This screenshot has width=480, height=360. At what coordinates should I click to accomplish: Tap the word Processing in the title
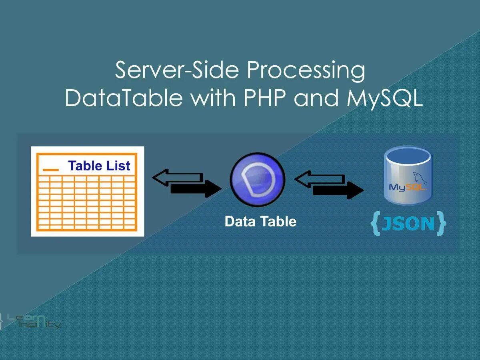pos(306,70)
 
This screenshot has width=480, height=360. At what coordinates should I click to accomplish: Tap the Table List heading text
pos(99,166)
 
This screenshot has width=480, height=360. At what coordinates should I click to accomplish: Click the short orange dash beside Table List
pos(51,170)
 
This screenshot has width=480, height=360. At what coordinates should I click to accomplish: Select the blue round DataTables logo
pos(258,180)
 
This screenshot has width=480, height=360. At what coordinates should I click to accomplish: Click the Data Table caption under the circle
pos(260,221)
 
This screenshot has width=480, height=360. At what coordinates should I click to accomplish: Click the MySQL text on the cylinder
pos(407,187)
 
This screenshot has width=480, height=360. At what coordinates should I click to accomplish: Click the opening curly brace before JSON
pos(375,224)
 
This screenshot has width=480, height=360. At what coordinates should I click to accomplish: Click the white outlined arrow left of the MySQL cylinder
pos(319,178)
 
